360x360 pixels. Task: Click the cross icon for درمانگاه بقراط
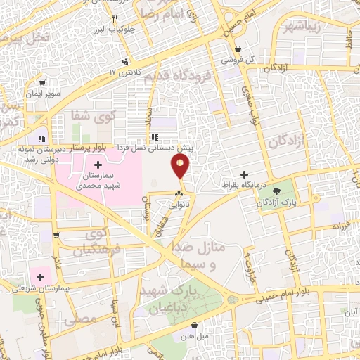[x=244, y=174]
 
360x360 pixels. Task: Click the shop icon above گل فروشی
[x=238, y=49]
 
